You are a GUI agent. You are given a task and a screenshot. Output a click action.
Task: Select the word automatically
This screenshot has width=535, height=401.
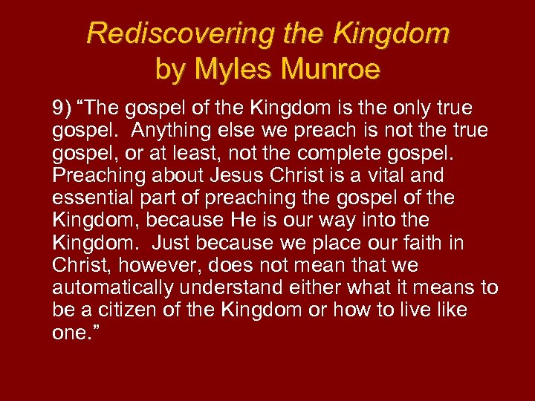point(113,287)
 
